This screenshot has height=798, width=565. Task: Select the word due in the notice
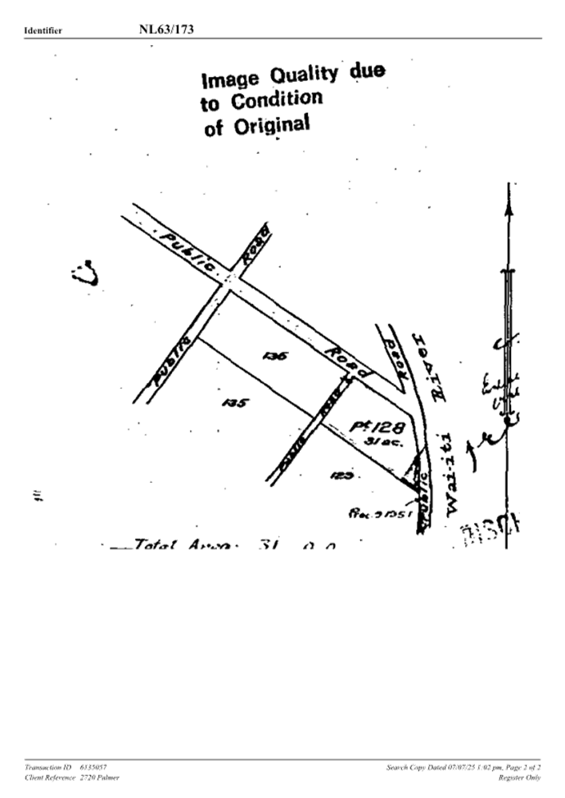tap(367, 71)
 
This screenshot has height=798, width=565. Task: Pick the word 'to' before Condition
tap(210, 105)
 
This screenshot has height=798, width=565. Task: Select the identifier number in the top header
tap(166, 29)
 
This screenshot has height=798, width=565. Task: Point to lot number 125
tap(341, 475)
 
